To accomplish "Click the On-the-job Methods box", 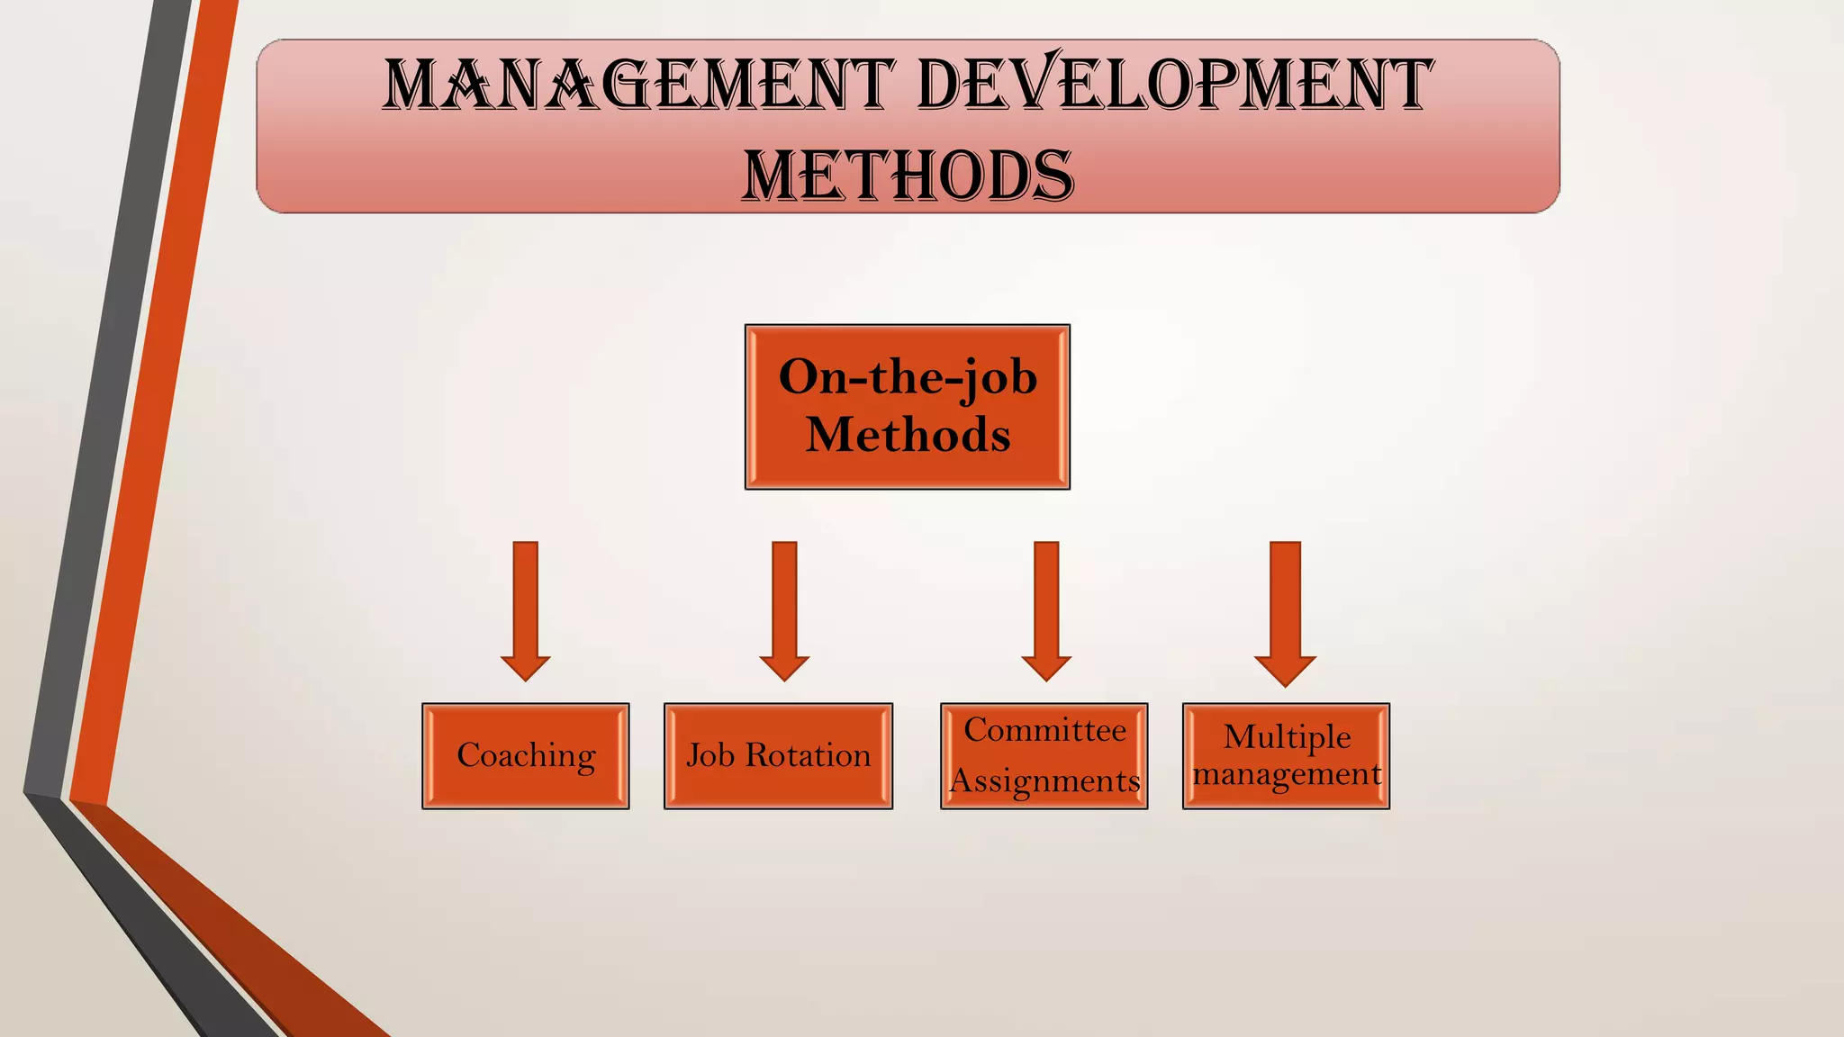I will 908,407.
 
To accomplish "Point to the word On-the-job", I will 908,376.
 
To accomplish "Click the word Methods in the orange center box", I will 908,435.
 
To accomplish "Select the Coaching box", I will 526,756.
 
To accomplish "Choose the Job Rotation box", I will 778,756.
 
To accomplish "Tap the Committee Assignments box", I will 1044,756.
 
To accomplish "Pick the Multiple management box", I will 1286,756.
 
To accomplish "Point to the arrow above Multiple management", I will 1286,612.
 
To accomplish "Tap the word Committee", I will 1044,730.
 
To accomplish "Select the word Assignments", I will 1044,781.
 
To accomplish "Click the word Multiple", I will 1287,737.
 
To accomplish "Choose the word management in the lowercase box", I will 1287,774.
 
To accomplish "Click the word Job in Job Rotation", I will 710,755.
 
